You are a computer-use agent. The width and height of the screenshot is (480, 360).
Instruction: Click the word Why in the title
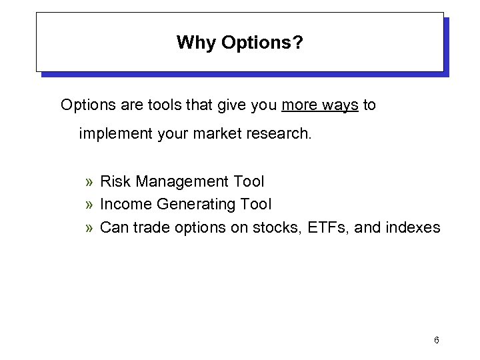[x=192, y=43]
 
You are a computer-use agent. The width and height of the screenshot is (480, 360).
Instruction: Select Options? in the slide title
[x=262, y=43]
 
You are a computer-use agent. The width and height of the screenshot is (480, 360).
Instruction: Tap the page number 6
[x=436, y=341]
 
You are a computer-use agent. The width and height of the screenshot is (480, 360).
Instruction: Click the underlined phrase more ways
[x=320, y=105]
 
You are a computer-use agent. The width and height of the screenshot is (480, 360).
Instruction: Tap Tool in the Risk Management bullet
[x=249, y=181]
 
